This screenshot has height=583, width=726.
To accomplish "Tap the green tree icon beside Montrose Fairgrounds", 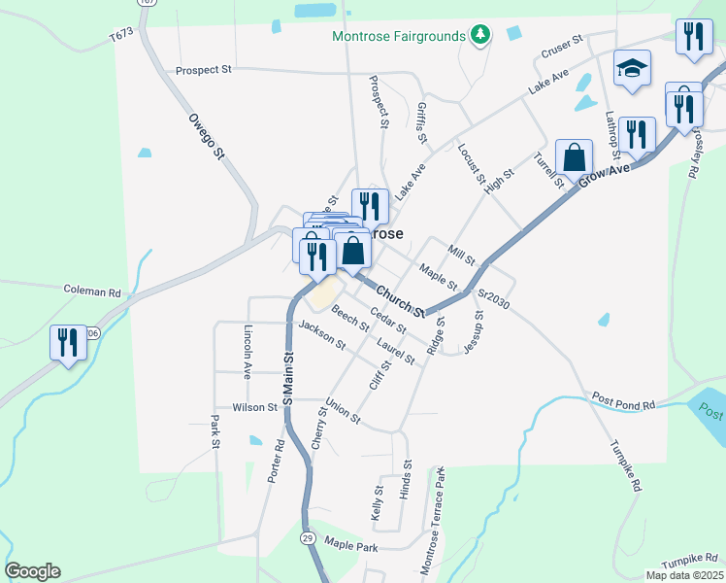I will (478, 36).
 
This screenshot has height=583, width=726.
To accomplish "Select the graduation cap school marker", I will (632, 70).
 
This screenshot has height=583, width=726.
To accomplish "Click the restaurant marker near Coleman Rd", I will (67, 343).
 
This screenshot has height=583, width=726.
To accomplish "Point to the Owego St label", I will (206, 135).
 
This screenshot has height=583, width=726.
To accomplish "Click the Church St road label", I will (402, 301).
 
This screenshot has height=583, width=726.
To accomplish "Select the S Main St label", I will (288, 380).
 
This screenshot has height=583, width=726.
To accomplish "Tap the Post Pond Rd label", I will (623, 402).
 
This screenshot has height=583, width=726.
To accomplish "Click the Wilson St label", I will (255, 408).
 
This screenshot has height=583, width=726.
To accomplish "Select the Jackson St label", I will (322, 334).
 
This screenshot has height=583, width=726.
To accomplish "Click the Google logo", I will (32, 571).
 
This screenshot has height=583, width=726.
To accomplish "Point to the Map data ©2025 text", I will (684, 575).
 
